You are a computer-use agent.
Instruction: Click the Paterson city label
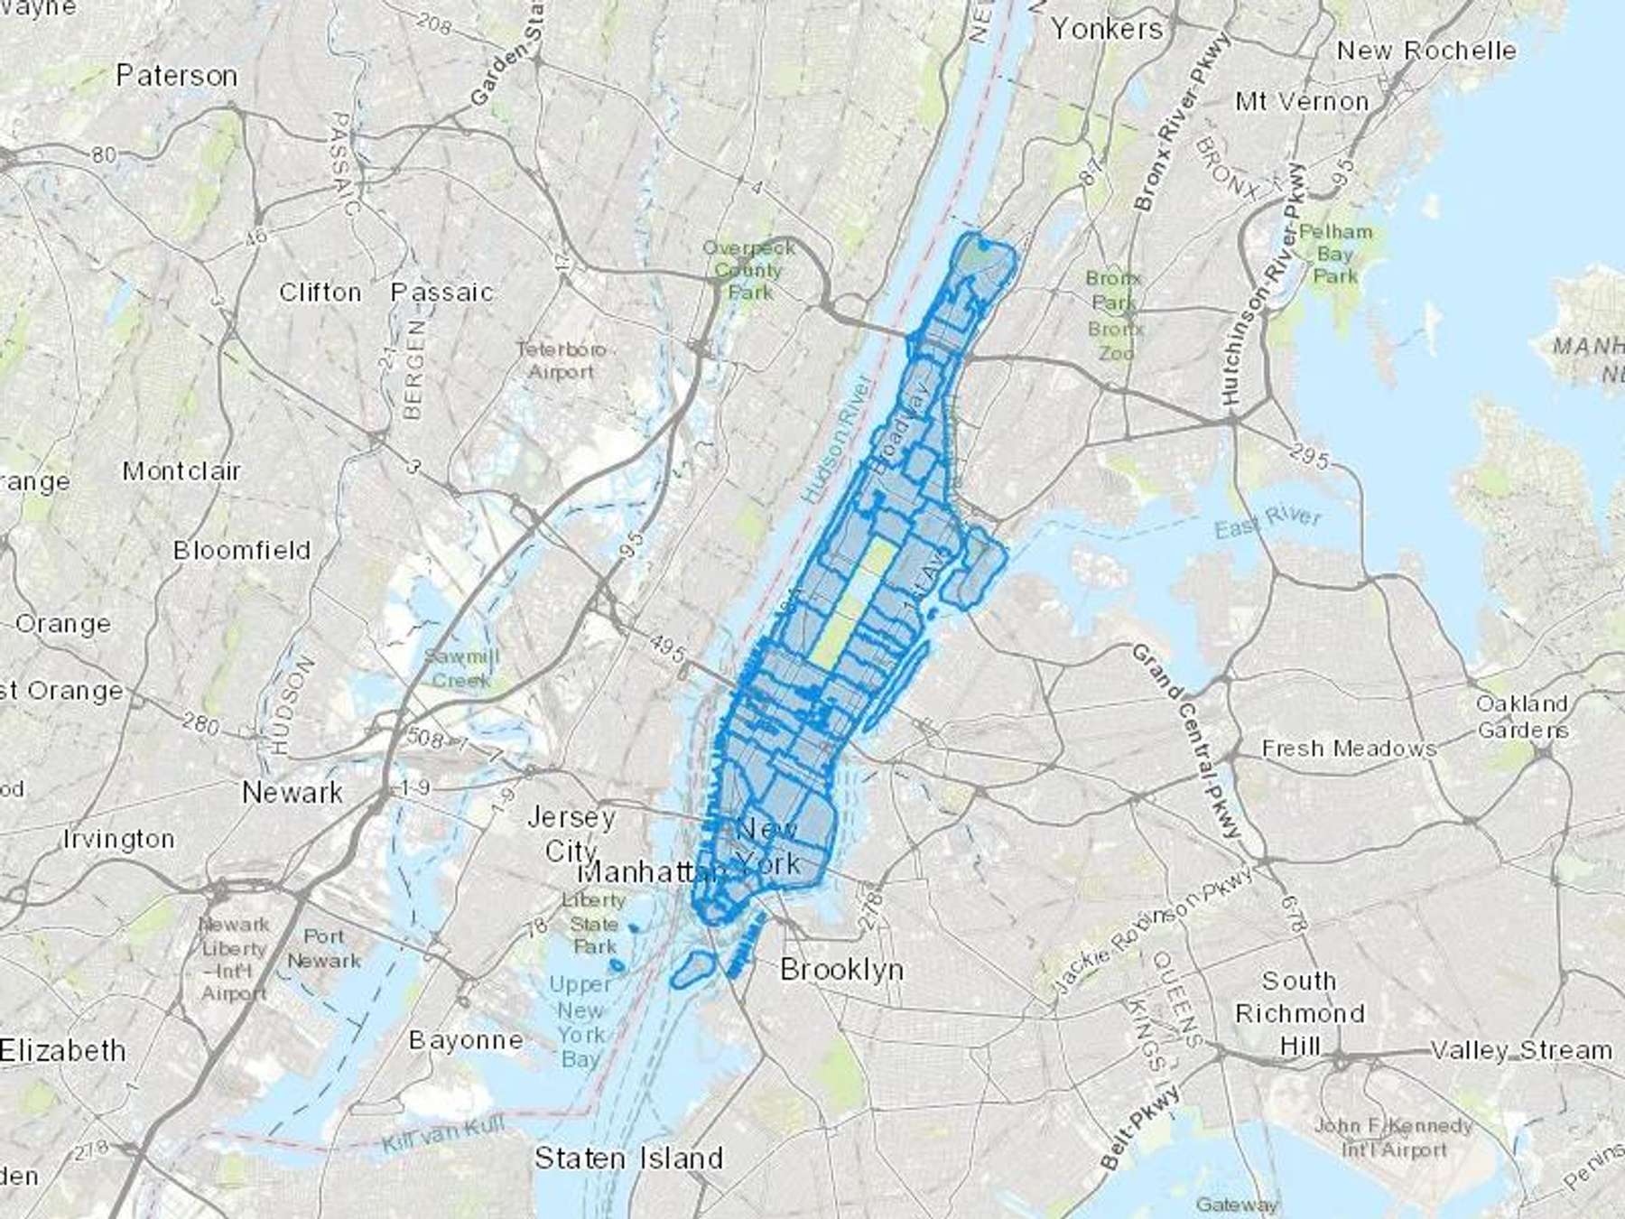pyautogui.click(x=177, y=76)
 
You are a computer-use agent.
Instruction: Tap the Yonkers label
pyautogui.click(x=1107, y=29)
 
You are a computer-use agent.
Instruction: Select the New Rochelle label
pyautogui.click(x=1426, y=51)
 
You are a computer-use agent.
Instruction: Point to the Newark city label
pyautogui.click(x=292, y=793)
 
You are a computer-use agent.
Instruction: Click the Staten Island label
pyautogui.click(x=628, y=1158)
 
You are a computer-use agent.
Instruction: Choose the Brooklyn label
pyautogui.click(x=841, y=970)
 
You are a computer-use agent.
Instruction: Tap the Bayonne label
pyautogui.click(x=466, y=1040)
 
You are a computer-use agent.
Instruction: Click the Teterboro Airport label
pyautogui.click(x=562, y=360)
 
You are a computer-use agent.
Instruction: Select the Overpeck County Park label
pyautogui.click(x=748, y=269)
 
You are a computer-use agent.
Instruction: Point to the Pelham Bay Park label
pyautogui.click(x=1335, y=254)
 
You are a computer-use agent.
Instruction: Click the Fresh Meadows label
pyautogui.click(x=1349, y=749)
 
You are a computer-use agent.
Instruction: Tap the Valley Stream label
pyautogui.click(x=1521, y=1050)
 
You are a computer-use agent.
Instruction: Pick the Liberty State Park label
pyautogui.click(x=593, y=924)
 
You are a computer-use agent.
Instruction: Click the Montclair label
pyautogui.click(x=181, y=471)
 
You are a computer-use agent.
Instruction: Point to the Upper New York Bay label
pyautogui.click(x=580, y=1021)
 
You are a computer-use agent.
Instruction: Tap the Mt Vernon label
pyautogui.click(x=1302, y=102)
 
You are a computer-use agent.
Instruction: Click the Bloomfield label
pyautogui.click(x=242, y=551)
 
